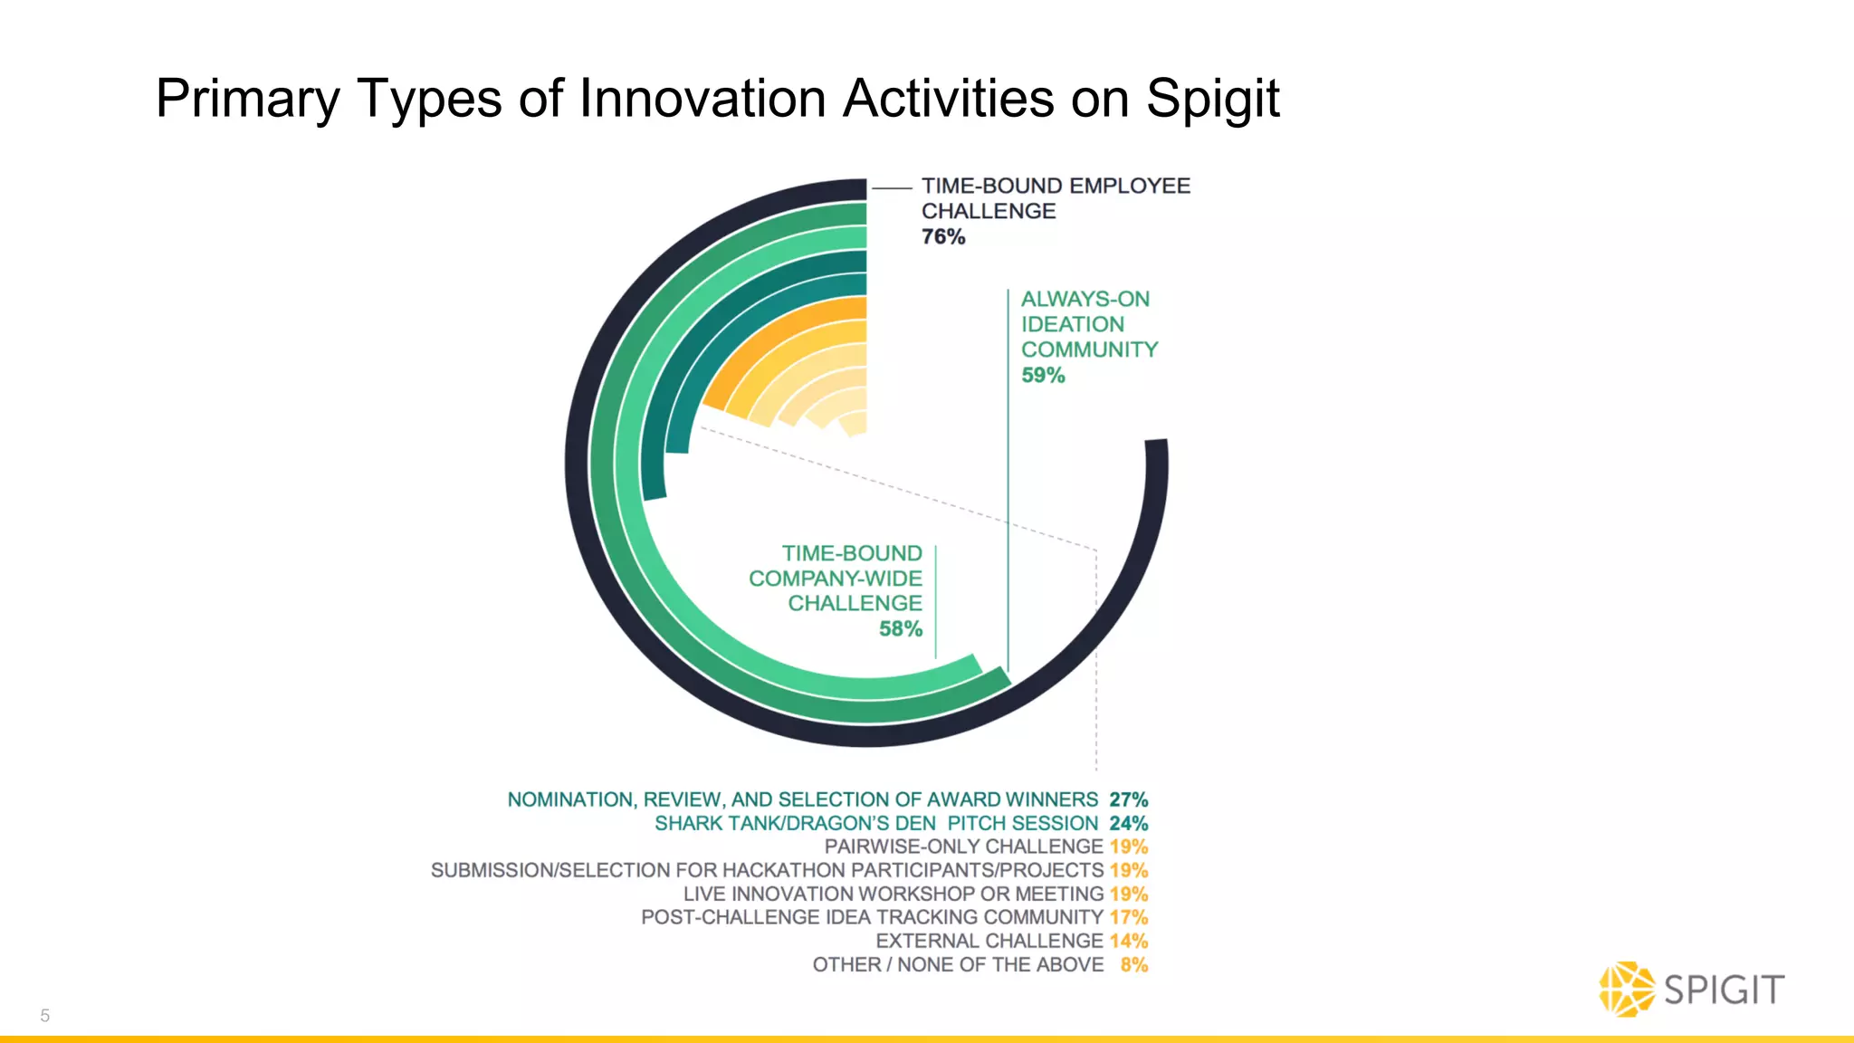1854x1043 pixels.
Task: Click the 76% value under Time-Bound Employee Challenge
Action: pyautogui.click(x=943, y=237)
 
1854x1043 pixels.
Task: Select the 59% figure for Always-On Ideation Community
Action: pyautogui.click(x=1043, y=376)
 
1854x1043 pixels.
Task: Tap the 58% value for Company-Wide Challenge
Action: pyautogui.click(x=900, y=629)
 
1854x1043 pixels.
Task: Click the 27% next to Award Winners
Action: pyautogui.click(x=1128, y=800)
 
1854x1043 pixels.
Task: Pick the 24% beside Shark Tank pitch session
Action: pyautogui.click(x=1128, y=824)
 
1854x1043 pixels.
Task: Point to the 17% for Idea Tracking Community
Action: pyautogui.click(x=1128, y=918)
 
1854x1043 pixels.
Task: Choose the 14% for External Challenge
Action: pyautogui.click(x=1128, y=942)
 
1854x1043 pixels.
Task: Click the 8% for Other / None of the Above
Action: pyautogui.click(x=1133, y=965)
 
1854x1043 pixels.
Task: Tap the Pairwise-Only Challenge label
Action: pyautogui.click(x=963, y=847)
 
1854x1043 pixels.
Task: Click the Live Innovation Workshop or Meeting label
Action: pyautogui.click(x=893, y=895)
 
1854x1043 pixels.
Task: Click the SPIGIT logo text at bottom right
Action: pyautogui.click(x=1724, y=990)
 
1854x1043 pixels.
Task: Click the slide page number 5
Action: pyautogui.click(x=45, y=1016)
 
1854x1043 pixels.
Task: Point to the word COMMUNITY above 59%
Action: pyautogui.click(x=1089, y=350)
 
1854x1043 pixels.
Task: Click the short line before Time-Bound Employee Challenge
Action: pyautogui.click(x=892, y=187)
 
